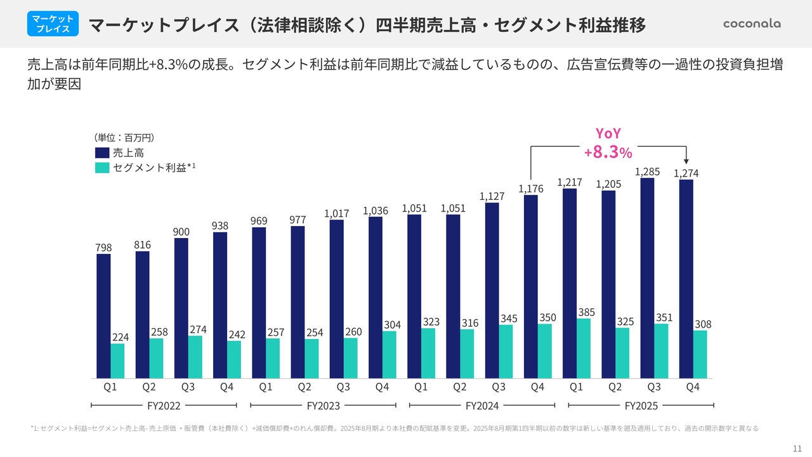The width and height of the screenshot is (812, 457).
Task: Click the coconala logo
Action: tap(752, 23)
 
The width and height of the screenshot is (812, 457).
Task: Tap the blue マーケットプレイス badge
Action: tap(53, 24)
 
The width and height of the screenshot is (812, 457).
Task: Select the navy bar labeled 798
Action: tap(103, 316)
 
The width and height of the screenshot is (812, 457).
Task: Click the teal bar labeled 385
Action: tap(584, 348)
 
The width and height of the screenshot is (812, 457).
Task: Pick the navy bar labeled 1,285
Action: tap(647, 278)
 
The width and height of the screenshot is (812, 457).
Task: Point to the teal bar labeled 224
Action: tap(118, 361)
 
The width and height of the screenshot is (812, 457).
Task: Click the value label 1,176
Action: tap(530, 189)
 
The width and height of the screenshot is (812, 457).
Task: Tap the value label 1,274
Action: tap(686, 173)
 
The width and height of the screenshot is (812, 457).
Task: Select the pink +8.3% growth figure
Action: tap(608, 152)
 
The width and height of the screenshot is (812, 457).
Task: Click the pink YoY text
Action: tap(608, 133)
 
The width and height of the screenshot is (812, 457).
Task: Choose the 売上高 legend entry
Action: tap(120, 152)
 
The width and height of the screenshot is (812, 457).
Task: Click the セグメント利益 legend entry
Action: tap(145, 168)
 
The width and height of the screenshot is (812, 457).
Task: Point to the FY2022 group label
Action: tap(164, 405)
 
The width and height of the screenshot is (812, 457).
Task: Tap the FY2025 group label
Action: tap(641, 405)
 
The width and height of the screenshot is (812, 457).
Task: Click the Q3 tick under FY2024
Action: tap(499, 387)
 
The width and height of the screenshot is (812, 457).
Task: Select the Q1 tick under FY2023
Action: tap(266, 387)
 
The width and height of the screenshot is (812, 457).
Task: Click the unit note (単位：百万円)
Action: tap(124, 137)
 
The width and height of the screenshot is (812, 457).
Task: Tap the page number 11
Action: tap(797, 448)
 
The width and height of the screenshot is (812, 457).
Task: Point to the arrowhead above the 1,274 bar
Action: tap(686, 162)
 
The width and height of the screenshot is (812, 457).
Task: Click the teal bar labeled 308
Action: tap(700, 354)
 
